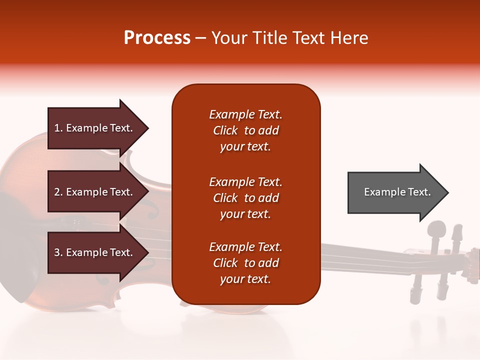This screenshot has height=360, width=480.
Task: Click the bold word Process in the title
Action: pyautogui.click(x=157, y=38)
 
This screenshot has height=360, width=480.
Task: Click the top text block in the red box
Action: pyautogui.click(x=245, y=130)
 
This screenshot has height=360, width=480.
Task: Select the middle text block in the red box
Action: pyautogui.click(x=245, y=198)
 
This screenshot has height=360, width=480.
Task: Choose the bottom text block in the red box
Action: pyautogui.click(x=245, y=263)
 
